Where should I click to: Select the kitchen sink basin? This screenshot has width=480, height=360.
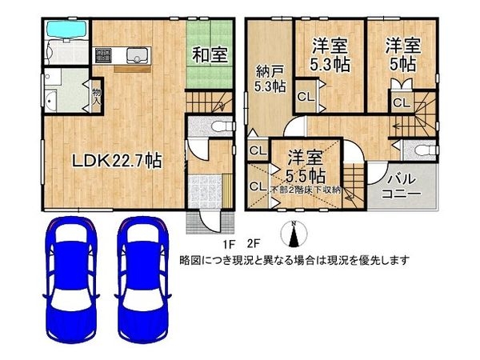134,55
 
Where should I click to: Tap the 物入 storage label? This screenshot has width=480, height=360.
96,95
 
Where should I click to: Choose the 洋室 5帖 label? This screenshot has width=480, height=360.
402,54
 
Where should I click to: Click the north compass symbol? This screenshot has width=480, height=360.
294,235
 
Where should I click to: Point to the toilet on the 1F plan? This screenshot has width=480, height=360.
222,126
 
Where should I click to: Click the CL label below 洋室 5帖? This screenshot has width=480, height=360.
401,102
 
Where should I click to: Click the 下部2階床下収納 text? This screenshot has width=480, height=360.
306,190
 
